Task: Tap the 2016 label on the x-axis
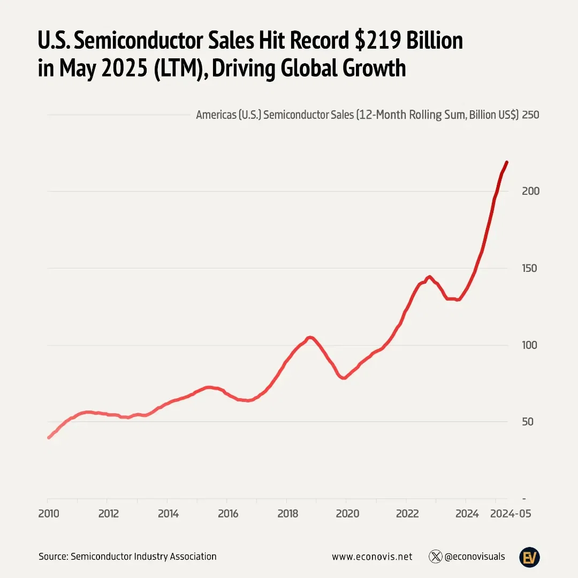coord(227,514)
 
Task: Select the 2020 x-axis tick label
coord(347,514)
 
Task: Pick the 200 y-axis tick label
coord(530,192)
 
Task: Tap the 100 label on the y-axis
coord(530,345)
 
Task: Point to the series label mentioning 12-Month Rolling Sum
coord(357,115)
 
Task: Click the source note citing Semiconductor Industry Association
coord(127,557)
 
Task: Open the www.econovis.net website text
coord(372,557)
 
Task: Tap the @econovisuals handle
coord(475,557)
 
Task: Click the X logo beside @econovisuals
coord(435,557)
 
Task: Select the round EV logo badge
coord(529,557)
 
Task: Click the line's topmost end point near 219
coord(507,162)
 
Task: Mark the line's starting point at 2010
coord(49,437)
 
